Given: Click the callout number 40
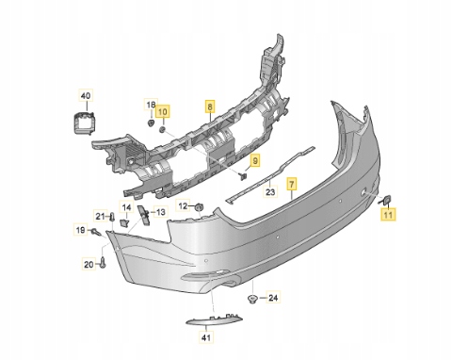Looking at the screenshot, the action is [86, 95].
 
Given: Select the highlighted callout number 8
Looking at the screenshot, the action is [210, 106].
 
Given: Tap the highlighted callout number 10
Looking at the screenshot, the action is [163, 111].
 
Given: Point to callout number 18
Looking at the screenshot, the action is [151, 105].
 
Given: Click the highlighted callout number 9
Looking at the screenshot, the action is [255, 161].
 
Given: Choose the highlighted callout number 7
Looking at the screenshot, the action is [292, 184].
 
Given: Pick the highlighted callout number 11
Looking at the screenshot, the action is [388, 215].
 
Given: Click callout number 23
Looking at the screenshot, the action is [270, 191].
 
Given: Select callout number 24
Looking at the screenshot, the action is [273, 297].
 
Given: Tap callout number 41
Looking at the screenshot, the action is [206, 337].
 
